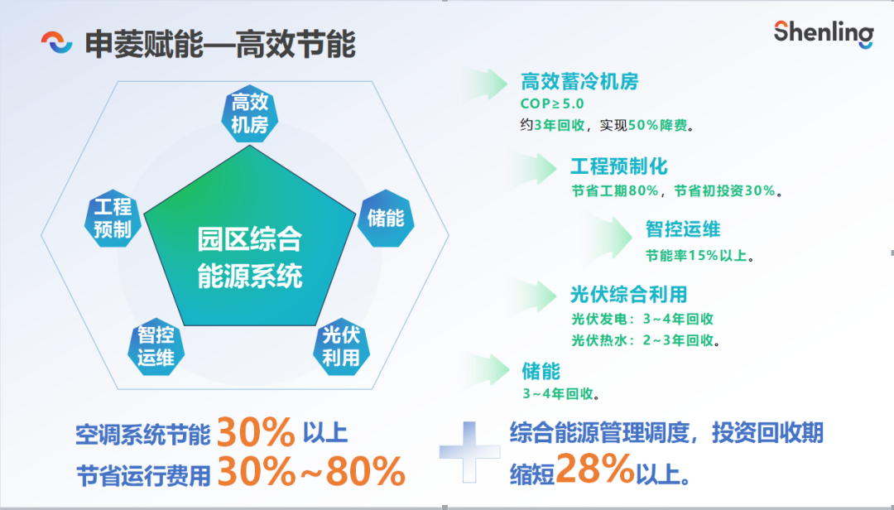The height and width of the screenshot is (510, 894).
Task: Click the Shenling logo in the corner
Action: pos(824,33)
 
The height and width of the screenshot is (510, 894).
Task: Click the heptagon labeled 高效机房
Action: pos(250,113)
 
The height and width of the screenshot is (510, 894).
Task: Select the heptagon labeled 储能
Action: pos(386,218)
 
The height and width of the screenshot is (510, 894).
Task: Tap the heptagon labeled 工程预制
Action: pos(113,218)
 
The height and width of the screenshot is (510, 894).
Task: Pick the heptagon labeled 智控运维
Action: pos(156,346)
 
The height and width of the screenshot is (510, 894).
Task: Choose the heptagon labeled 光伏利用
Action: pos(341,346)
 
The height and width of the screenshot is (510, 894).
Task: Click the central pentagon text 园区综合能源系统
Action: pos(250,257)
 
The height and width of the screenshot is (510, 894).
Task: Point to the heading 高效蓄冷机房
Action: pos(579,82)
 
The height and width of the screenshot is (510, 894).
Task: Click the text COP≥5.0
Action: pos(552,103)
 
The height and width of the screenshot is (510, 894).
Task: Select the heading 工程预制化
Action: pos(618,166)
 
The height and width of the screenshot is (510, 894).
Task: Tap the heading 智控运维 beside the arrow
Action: pos(683,229)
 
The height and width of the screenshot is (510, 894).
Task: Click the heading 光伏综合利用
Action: pos(628,295)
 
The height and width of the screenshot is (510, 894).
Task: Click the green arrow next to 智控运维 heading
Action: pos(610,235)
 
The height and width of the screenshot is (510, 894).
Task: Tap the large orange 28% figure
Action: pos(595,469)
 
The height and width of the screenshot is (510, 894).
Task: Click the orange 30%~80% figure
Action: pos(311,471)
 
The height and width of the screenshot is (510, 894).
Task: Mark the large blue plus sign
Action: pos(469,452)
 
